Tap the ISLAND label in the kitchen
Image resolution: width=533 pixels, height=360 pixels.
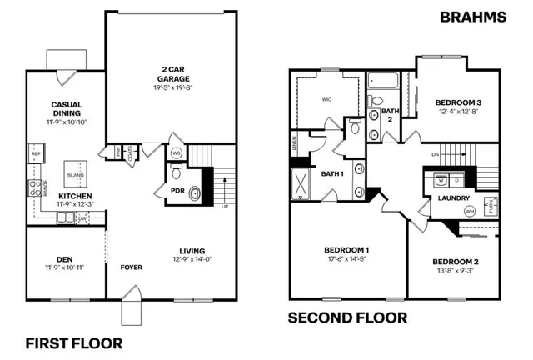point(76,175)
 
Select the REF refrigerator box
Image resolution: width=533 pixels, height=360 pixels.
point(36,154)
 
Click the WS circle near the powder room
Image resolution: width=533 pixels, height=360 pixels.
point(177,154)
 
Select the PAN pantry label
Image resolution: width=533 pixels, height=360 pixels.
point(117,152)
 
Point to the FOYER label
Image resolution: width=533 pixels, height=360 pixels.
point(131,268)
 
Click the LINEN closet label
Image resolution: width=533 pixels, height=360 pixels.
point(295,145)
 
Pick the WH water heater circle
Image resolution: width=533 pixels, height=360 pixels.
point(470,211)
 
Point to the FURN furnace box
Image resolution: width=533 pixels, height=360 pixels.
point(491,203)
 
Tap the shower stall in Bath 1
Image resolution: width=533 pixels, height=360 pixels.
point(299,182)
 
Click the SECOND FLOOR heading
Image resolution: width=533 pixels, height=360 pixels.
point(347,317)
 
